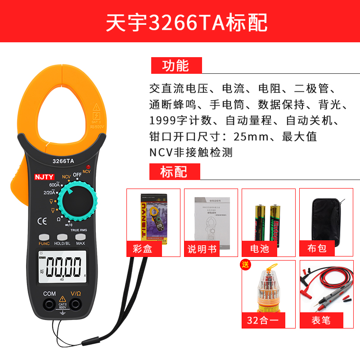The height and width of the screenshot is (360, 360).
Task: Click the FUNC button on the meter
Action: coord(44,237)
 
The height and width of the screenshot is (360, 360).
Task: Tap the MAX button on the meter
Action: coord(81,237)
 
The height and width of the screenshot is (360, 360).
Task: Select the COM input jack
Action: coord(49,305)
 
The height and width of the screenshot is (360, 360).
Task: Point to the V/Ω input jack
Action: coord(75,305)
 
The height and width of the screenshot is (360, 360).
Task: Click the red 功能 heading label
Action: coord(176,66)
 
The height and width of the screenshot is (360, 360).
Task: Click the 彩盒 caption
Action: coord(143,248)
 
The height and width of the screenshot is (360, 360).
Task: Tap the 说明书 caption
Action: coord(200,248)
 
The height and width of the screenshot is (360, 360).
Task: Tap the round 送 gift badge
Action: coord(246,265)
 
